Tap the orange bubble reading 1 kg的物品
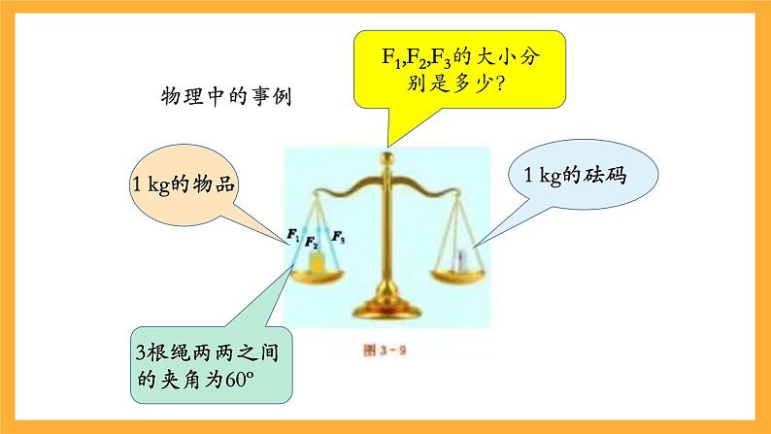[184, 184]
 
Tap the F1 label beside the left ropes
[292, 233]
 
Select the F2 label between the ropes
[312, 241]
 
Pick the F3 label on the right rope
[338, 235]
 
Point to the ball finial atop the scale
[389, 154]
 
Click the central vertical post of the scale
[388, 233]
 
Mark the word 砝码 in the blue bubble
[610, 176]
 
